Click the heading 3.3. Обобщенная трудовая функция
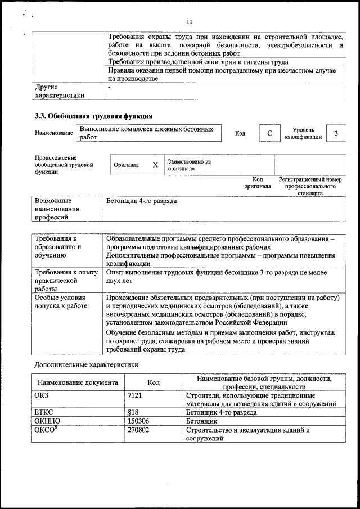94,116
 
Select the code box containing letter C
269,133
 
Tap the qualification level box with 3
336,133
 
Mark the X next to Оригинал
155,165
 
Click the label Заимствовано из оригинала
188,165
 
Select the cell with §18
133,412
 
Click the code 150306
140,421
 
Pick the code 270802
140,430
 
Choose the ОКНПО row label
47,421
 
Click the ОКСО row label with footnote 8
47,430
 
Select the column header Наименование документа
78,382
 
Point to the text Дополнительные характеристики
85,364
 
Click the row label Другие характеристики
59,91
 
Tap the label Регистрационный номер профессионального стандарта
310,186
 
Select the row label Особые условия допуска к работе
61,301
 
